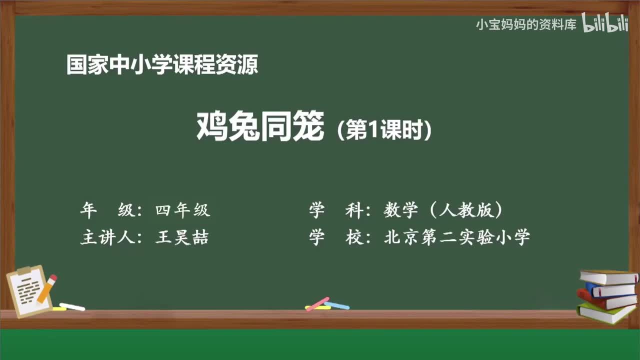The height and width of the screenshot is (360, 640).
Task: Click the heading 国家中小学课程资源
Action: point(162,65)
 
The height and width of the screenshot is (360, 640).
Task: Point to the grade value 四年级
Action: point(183,211)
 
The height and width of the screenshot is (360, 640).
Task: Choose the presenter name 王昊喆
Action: point(182,237)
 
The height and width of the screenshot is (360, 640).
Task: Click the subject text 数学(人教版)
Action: point(443,211)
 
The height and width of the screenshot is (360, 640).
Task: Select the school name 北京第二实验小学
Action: point(456,237)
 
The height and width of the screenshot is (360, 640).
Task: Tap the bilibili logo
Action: point(605,24)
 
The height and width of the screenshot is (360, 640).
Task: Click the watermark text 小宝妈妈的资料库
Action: point(526,24)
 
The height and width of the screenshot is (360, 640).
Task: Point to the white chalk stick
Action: point(71,306)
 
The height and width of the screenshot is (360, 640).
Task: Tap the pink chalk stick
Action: point(317,304)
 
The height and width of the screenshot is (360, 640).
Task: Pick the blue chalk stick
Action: point(337,305)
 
